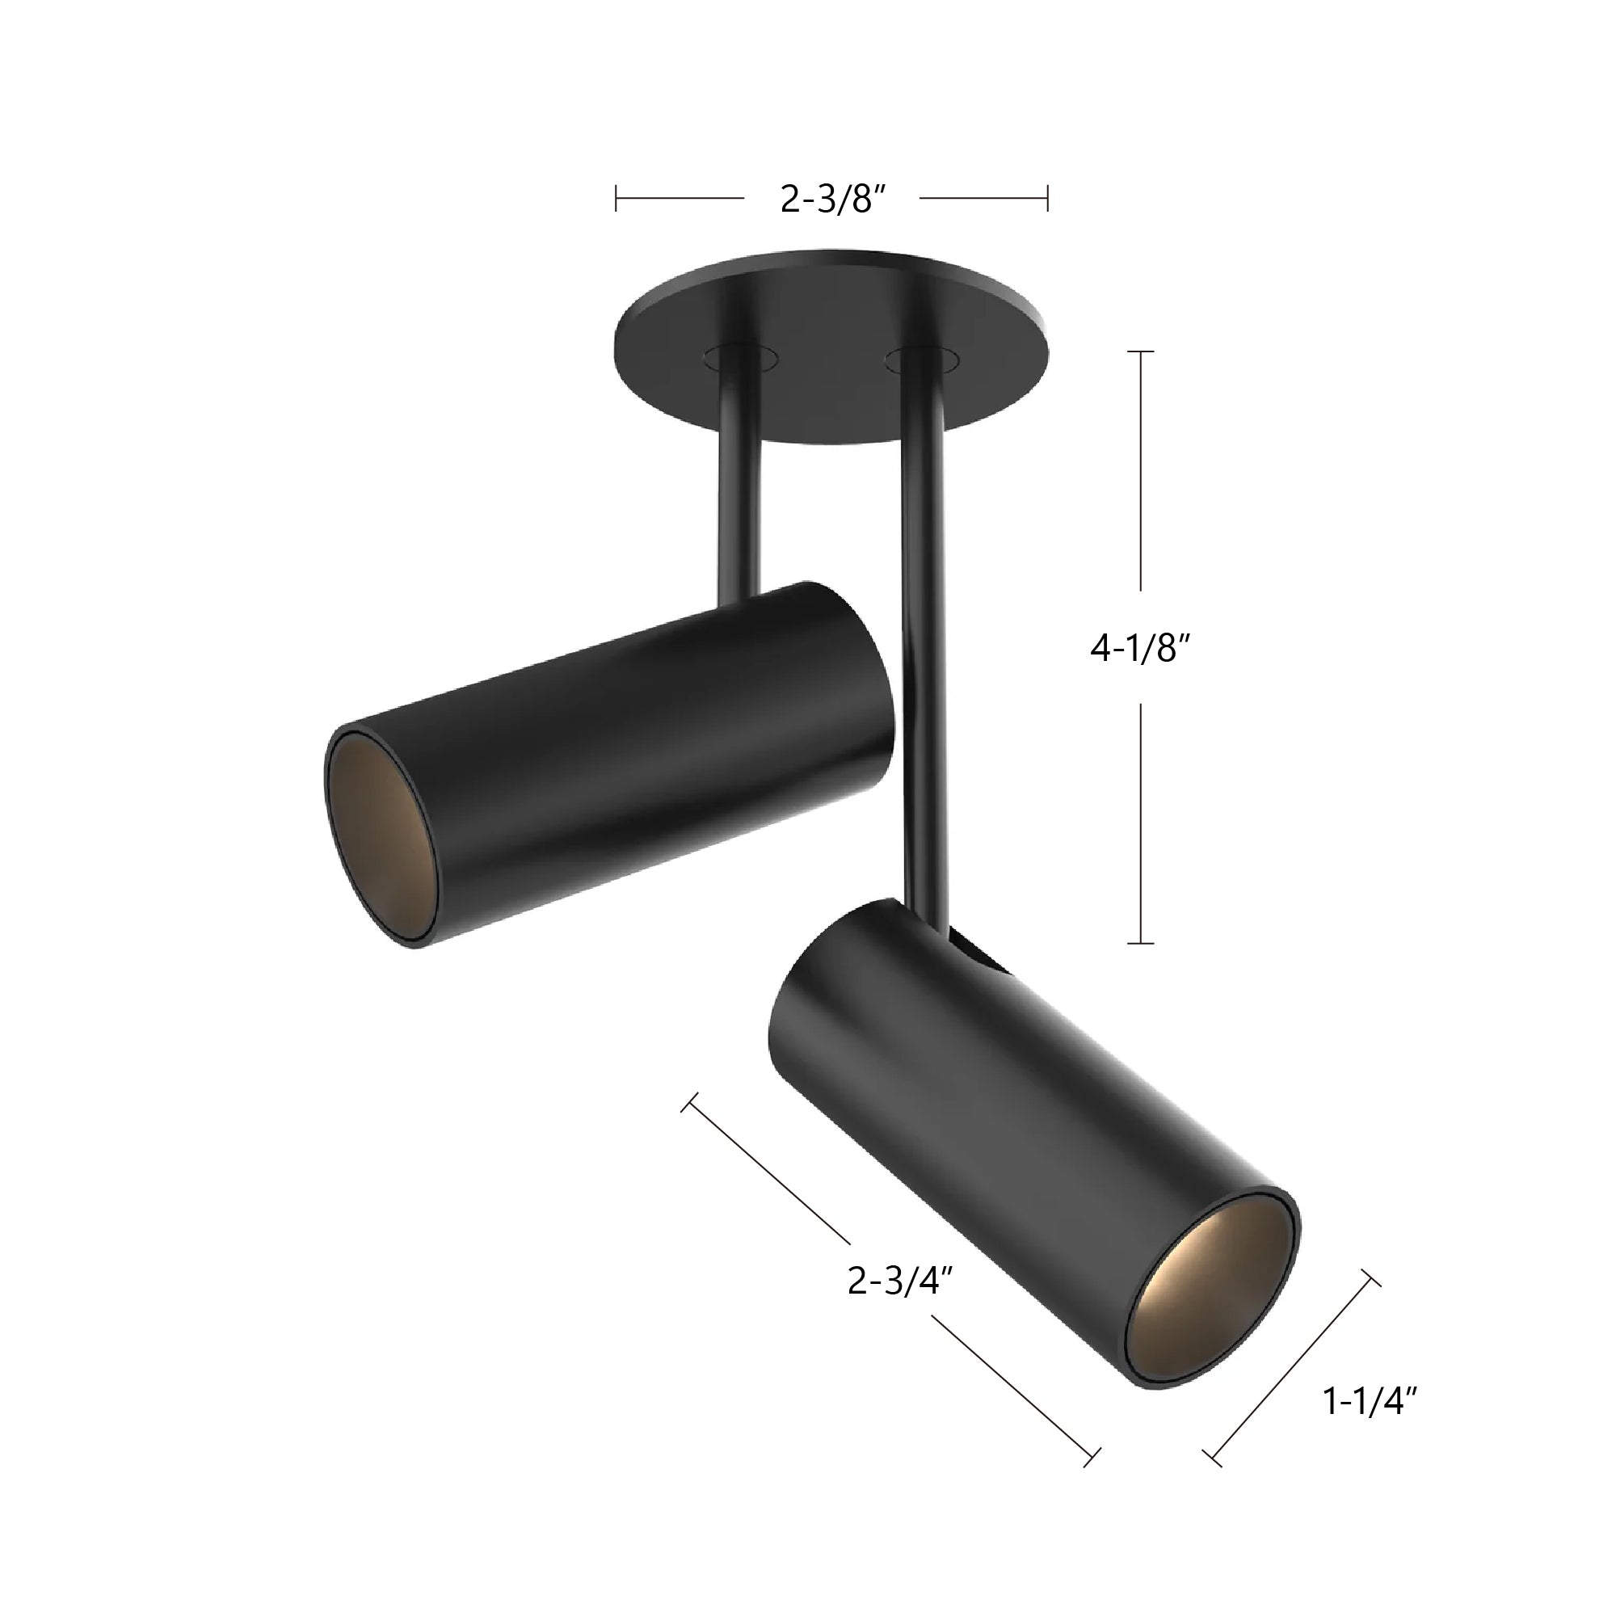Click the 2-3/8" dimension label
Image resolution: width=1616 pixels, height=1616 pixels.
[x=832, y=200]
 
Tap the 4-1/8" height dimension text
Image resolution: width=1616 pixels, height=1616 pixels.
[x=1139, y=648]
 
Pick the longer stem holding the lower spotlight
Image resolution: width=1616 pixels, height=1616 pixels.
[x=924, y=636]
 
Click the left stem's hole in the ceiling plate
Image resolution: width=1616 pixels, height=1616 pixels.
[x=740, y=358]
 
